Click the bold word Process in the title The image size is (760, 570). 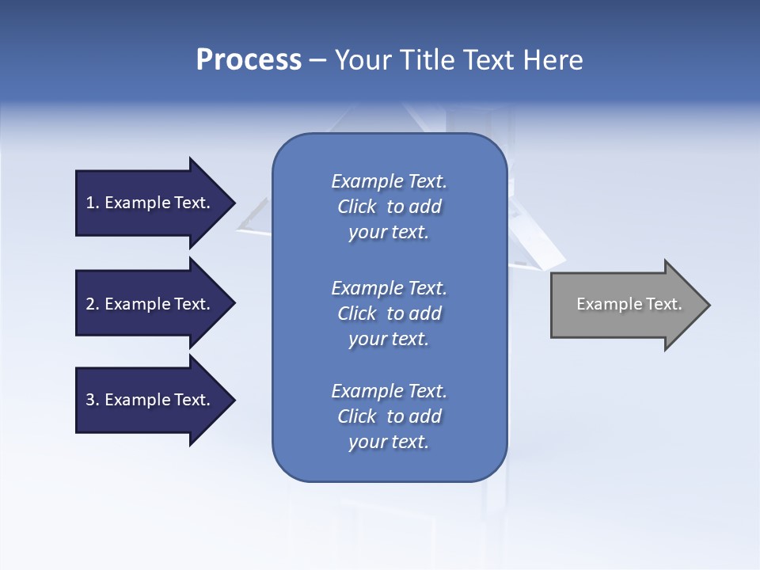(x=249, y=60)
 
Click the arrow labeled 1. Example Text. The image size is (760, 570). (x=150, y=203)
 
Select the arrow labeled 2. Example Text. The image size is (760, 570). (x=150, y=304)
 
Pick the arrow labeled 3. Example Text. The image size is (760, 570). (x=150, y=400)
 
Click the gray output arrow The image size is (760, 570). (x=625, y=304)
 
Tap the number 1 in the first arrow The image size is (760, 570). (x=90, y=203)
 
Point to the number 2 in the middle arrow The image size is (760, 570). (x=90, y=304)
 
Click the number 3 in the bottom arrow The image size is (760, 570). (x=90, y=400)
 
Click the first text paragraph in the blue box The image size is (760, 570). (x=389, y=207)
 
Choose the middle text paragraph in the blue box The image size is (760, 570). (x=389, y=313)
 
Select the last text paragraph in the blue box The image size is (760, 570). (x=389, y=416)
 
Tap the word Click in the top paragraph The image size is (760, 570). (x=357, y=207)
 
